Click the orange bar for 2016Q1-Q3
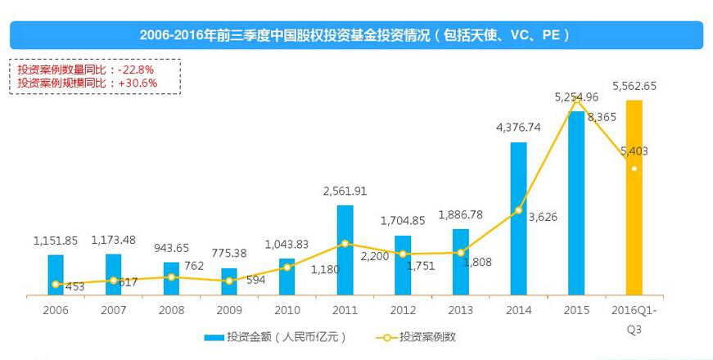point(634,196)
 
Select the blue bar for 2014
point(518,218)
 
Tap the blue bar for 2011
point(345,249)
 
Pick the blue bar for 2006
point(55,274)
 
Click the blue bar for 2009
point(229,281)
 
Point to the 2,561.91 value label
point(345,191)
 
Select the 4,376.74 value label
point(518,127)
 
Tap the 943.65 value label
point(171,248)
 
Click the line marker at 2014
point(518,210)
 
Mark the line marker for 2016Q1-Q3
point(634,169)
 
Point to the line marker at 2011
point(345,244)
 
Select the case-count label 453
point(75,286)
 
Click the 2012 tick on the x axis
point(402,311)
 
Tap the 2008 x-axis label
point(171,311)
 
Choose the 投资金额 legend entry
point(275,336)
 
